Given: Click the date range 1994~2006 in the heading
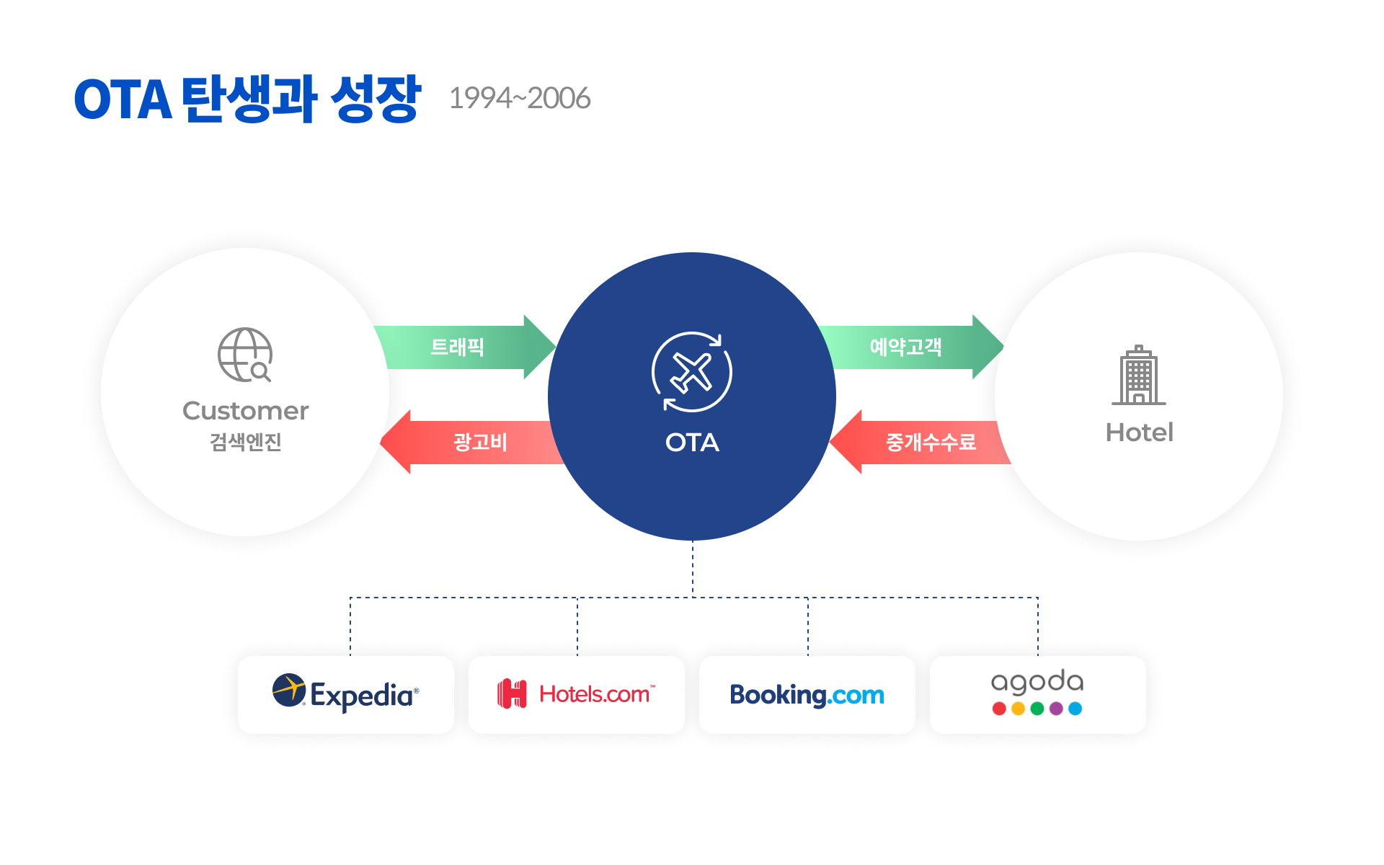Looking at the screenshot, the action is click(x=519, y=98).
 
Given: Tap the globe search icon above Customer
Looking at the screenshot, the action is click(x=245, y=355).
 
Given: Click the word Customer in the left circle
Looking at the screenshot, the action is click(x=245, y=411).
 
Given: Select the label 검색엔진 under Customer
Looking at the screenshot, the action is click(x=245, y=442).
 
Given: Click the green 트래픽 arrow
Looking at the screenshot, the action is click(x=465, y=347).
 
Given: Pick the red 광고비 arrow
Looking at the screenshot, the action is click(x=472, y=442).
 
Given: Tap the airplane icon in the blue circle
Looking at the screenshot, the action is click(x=692, y=372).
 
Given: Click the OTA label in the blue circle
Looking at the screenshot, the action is click(x=692, y=443).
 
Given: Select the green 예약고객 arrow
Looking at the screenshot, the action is click(x=912, y=347).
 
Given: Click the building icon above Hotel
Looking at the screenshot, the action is click(x=1139, y=375).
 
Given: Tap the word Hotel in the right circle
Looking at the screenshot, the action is click(x=1140, y=432).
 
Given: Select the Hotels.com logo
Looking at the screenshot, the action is click(x=577, y=694).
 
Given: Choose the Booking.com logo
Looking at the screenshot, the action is click(x=807, y=695).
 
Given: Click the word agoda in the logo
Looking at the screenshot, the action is click(x=1037, y=681).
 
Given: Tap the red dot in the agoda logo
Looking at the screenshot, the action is click(x=999, y=709).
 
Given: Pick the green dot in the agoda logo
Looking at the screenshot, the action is click(x=1037, y=709).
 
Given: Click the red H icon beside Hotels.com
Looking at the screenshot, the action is click(x=512, y=694).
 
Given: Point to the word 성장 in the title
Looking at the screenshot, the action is click(x=376, y=98).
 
